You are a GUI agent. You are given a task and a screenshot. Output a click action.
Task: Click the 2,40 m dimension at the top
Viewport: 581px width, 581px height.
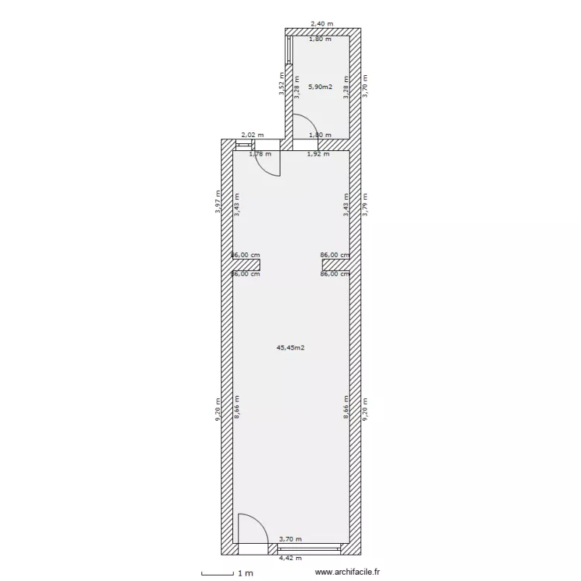point(321,24)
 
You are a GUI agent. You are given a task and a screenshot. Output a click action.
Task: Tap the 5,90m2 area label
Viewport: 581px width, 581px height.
point(320,87)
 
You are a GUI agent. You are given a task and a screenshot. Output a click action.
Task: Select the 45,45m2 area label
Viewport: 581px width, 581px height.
point(290,348)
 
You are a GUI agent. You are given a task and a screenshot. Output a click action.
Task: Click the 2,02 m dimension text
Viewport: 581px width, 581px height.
point(253,134)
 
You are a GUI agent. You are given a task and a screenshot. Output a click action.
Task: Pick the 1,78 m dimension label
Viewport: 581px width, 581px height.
point(260,154)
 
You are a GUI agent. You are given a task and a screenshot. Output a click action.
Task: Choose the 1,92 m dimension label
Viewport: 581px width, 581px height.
point(318,154)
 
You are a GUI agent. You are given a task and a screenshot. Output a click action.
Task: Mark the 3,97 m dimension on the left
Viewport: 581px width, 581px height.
point(219,203)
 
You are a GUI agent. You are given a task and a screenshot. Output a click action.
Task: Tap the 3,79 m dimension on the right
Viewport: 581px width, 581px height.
point(366,203)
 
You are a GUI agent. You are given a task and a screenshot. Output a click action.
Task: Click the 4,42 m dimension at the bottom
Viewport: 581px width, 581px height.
point(290,558)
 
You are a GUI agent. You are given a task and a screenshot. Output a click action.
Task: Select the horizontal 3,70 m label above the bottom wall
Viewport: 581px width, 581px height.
point(290,539)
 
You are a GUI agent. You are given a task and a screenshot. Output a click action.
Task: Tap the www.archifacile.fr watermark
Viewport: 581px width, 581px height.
point(349,572)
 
